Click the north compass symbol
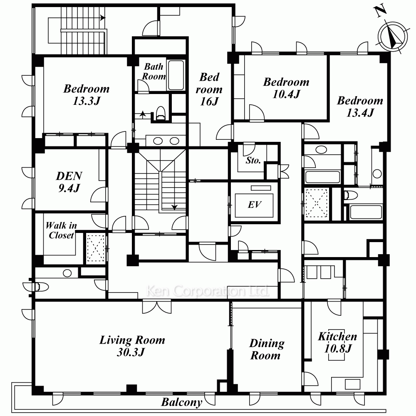pyautogui.click(x=392, y=37)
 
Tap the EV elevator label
pyautogui.click(x=255, y=205)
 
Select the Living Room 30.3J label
pyautogui.click(x=132, y=346)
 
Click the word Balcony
pyautogui.click(x=181, y=402)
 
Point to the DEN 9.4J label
pyautogui.click(x=69, y=182)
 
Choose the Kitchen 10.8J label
pyautogui.click(x=337, y=342)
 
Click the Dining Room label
pyautogui.click(x=266, y=349)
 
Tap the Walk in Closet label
pyautogui.click(x=61, y=230)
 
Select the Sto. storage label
pyautogui.click(x=253, y=161)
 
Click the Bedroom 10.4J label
pyautogui.click(x=286, y=88)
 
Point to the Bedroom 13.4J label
pyautogui.click(x=360, y=106)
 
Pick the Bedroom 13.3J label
pyautogui.click(x=87, y=95)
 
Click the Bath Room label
pyautogui.click(x=154, y=72)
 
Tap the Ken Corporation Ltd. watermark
pyautogui.click(x=208, y=291)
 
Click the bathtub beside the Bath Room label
pyautogui.click(x=176, y=75)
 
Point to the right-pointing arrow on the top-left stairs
pyautogui.click(x=103, y=18)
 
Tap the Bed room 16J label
pyautogui.click(x=209, y=89)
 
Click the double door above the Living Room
pyautogui.click(x=157, y=307)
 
